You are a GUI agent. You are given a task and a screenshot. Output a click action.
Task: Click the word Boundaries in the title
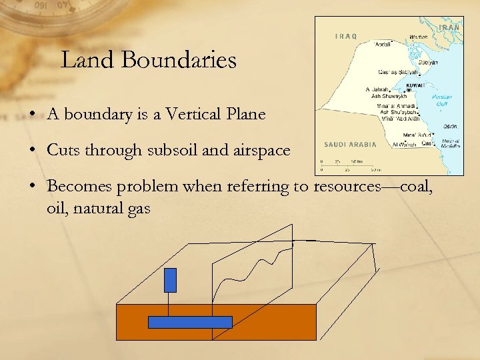tap(189, 61)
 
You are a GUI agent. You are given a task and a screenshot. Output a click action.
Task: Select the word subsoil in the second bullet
tap(170, 150)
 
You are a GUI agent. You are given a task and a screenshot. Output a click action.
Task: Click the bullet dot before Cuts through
tap(33, 151)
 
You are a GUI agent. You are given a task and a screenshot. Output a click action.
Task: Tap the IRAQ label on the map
tap(345, 36)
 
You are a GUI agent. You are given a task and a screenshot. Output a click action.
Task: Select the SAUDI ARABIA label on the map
tap(350, 144)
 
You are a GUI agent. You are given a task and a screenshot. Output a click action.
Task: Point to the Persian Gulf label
tap(442, 100)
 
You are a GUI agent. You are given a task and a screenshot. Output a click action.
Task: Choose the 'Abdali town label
tap(383, 45)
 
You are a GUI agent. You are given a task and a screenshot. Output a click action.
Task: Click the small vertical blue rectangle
tap(170, 279)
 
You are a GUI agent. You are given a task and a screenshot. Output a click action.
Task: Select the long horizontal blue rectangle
tap(189, 322)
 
